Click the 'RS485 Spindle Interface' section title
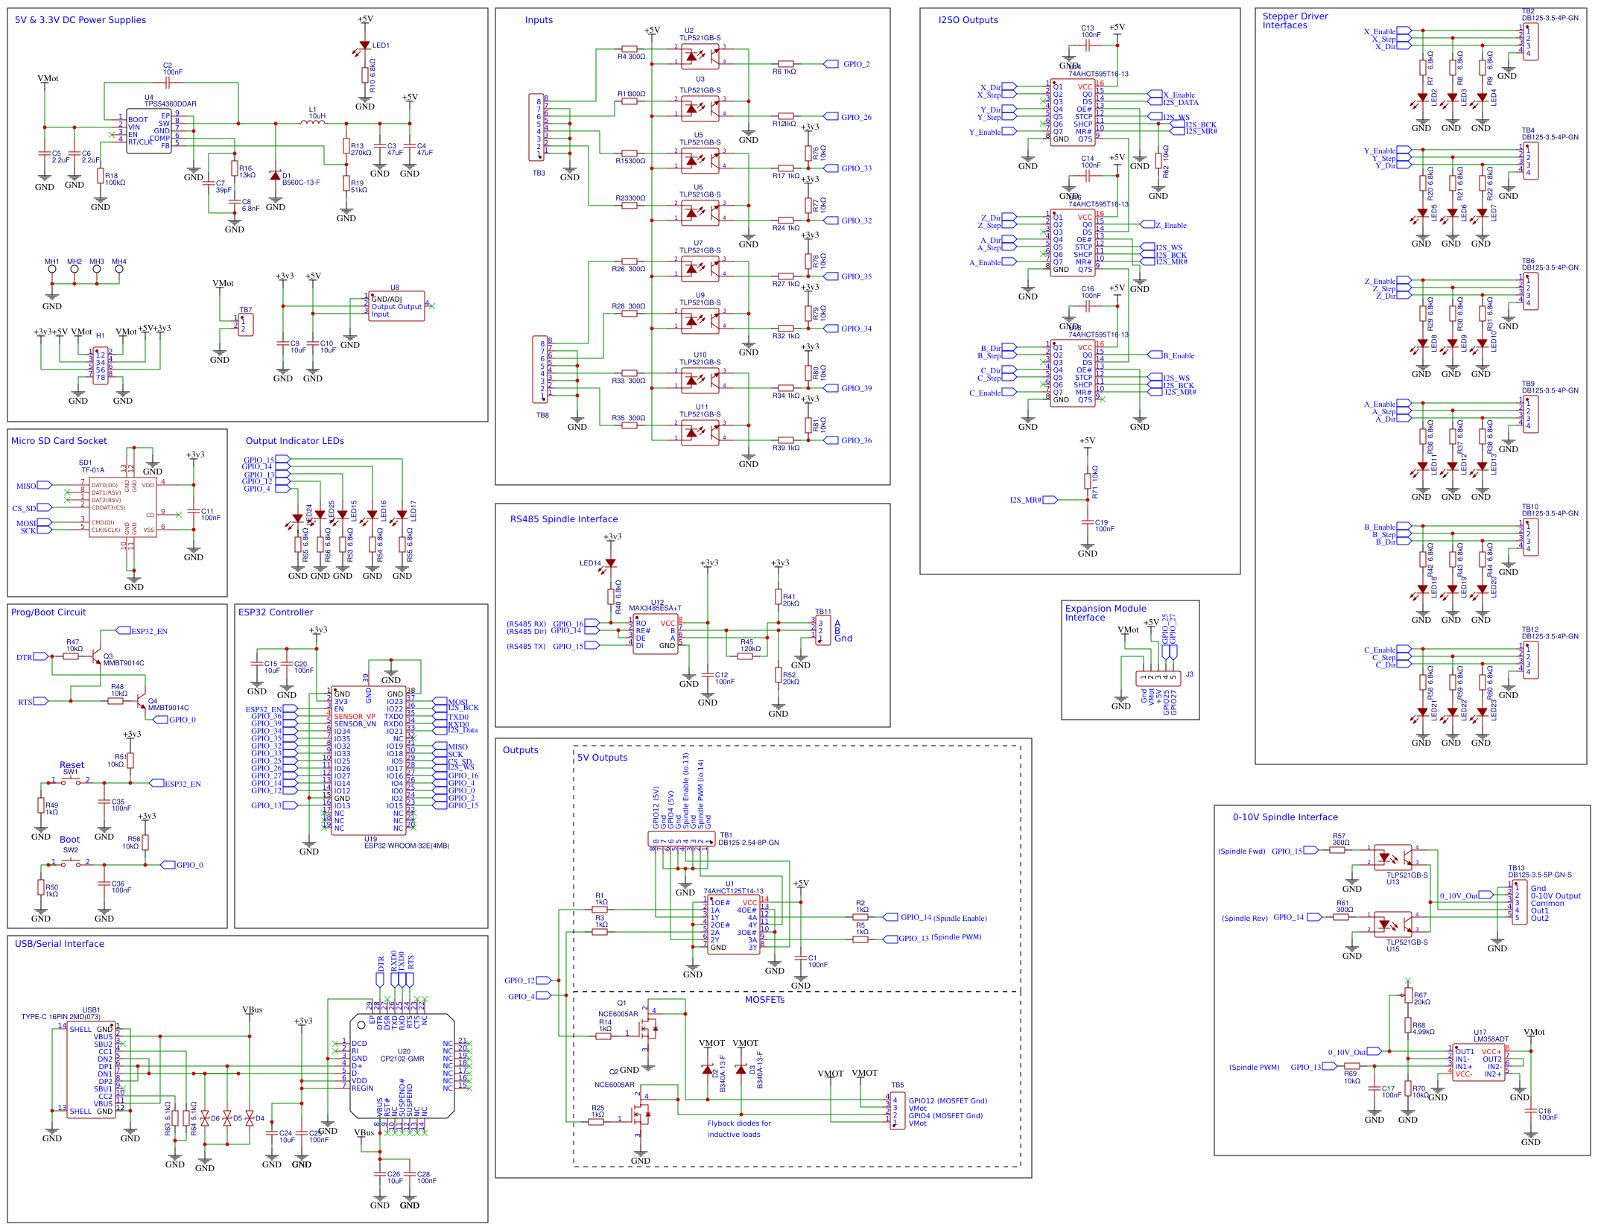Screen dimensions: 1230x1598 click(x=563, y=519)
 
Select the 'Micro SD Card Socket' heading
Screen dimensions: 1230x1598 click(x=59, y=441)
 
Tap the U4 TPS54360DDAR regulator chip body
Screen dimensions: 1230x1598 click(x=148, y=131)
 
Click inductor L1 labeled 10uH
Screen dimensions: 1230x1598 click(x=313, y=123)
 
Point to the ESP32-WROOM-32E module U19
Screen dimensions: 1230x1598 click(x=368, y=760)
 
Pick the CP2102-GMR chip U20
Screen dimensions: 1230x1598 click(x=402, y=1065)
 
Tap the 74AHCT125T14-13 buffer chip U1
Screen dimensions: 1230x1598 click(x=733, y=925)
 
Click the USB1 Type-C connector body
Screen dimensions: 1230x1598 click(x=91, y=1070)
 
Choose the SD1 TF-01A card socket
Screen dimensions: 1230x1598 click(x=122, y=507)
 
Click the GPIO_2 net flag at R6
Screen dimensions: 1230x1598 click(x=856, y=64)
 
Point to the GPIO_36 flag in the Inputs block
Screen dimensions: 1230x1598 click(x=856, y=440)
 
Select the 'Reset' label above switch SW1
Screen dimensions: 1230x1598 click(x=72, y=764)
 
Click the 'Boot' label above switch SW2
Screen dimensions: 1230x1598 click(x=69, y=839)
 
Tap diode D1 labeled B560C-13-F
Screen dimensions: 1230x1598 click(x=276, y=176)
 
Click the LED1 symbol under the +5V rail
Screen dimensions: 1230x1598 click(x=364, y=46)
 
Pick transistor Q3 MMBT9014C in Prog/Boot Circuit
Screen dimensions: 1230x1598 click(x=96, y=656)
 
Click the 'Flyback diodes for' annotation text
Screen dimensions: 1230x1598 click(x=738, y=1123)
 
